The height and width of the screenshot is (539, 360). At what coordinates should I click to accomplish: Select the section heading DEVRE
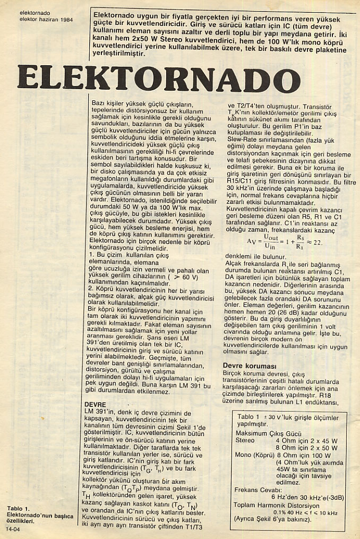(96, 404)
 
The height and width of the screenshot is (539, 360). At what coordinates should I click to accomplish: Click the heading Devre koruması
(249, 366)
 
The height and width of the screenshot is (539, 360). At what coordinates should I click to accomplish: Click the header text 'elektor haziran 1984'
(46, 20)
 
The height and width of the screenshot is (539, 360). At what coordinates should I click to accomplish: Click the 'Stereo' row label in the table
(245, 440)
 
